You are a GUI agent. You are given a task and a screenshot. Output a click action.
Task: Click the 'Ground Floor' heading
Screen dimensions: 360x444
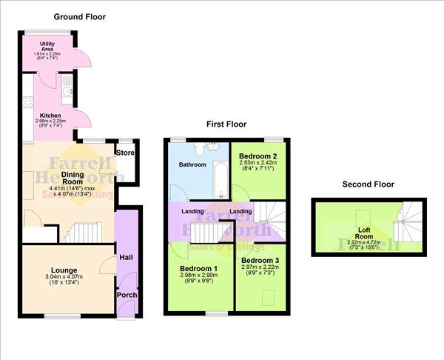pos(79,16)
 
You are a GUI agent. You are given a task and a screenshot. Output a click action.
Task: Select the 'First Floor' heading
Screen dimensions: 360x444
pos(226,124)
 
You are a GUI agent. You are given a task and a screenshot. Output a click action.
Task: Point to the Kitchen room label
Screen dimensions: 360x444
pos(51,116)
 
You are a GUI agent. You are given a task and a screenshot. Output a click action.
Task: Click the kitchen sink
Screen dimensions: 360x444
pos(67,91)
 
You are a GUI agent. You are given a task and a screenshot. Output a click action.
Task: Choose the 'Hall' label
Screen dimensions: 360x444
pos(126,258)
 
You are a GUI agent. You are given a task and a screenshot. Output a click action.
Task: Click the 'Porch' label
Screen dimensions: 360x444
pos(126,294)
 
